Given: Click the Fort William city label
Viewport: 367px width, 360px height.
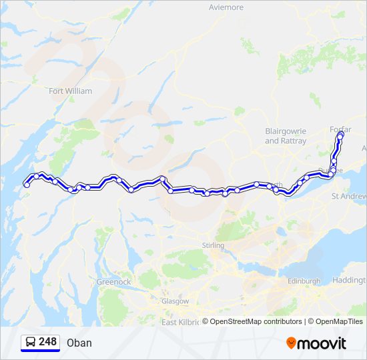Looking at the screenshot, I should [x=70, y=91].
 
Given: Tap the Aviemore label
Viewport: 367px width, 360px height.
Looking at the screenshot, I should [x=226, y=7].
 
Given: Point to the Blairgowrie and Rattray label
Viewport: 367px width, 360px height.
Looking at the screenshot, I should [x=286, y=137].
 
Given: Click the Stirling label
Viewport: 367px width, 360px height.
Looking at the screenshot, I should [x=214, y=245].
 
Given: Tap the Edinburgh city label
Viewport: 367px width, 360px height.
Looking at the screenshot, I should [x=304, y=281].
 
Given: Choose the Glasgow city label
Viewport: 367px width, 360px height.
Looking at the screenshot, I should [x=175, y=301].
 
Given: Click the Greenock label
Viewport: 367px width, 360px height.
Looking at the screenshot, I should [x=114, y=282].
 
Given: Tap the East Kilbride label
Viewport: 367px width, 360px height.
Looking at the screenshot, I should [x=180, y=322].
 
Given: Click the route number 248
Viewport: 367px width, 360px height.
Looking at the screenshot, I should [x=48, y=341].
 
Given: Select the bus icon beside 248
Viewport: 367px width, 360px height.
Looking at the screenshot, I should [x=30, y=342].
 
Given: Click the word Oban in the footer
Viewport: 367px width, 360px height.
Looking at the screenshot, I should [x=79, y=343].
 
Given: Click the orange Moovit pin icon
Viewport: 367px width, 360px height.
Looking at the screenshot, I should [x=292, y=343].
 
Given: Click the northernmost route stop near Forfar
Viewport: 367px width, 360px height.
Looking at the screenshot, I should [x=341, y=134].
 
